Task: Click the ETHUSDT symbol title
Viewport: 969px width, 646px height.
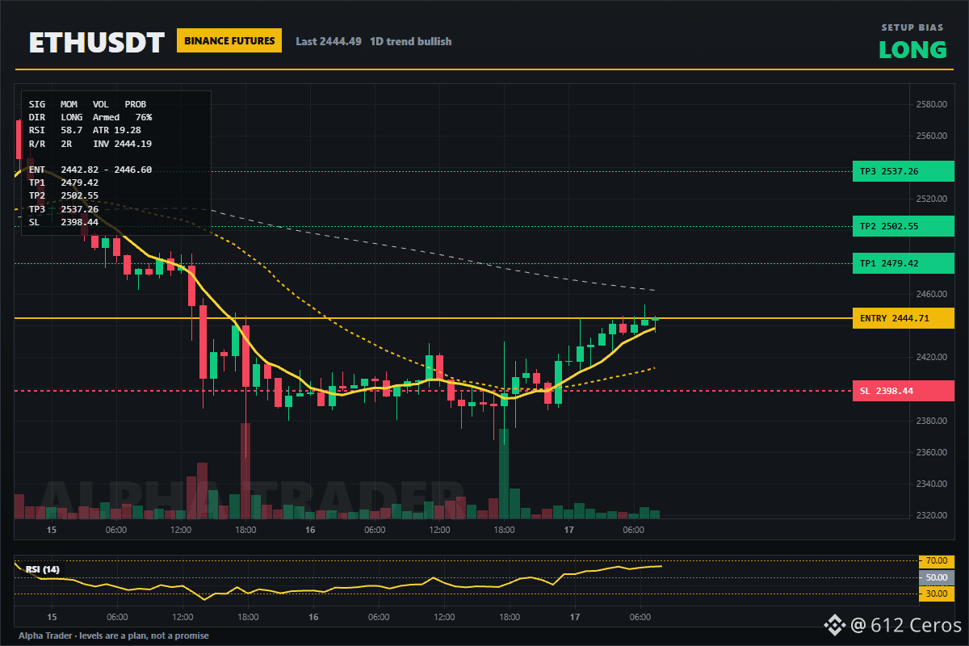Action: pyautogui.click(x=96, y=43)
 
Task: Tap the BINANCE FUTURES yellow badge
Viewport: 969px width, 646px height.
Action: pyautogui.click(x=229, y=40)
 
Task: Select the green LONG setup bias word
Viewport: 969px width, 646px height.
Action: pyautogui.click(x=912, y=50)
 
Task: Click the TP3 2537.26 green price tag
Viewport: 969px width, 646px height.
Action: pyautogui.click(x=904, y=171)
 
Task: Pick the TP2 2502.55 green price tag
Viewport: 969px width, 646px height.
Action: pyautogui.click(x=904, y=226)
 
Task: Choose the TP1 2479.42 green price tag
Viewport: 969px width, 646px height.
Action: pyautogui.click(x=904, y=263)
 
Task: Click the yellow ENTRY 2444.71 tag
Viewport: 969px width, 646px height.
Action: pyautogui.click(x=904, y=318)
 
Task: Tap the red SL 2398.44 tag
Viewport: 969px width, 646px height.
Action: pyautogui.click(x=904, y=391)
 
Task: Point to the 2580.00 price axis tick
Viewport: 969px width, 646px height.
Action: pyautogui.click(x=931, y=104)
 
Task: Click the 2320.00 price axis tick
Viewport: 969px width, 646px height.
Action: pyautogui.click(x=931, y=515)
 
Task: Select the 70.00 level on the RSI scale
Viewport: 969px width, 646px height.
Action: pyautogui.click(x=937, y=560)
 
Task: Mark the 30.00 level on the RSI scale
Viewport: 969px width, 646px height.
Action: pyautogui.click(x=937, y=594)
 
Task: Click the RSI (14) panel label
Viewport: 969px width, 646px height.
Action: pyautogui.click(x=42, y=569)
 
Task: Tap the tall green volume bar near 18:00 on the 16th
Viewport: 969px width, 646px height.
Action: pyautogui.click(x=504, y=474)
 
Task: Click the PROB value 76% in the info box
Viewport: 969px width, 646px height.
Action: pyautogui.click(x=144, y=117)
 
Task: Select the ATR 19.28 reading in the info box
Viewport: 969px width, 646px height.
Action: pyautogui.click(x=117, y=130)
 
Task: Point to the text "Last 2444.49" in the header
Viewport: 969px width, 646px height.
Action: pyautogui.click(x=329, y=41)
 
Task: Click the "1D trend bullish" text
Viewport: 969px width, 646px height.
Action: pyautogui.click(x=410, y=41)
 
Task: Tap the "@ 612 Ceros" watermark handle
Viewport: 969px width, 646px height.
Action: pyautogui.click(x=905, y=625)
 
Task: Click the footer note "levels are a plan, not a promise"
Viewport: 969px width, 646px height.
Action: pyautogui.click(x=144, y=636)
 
